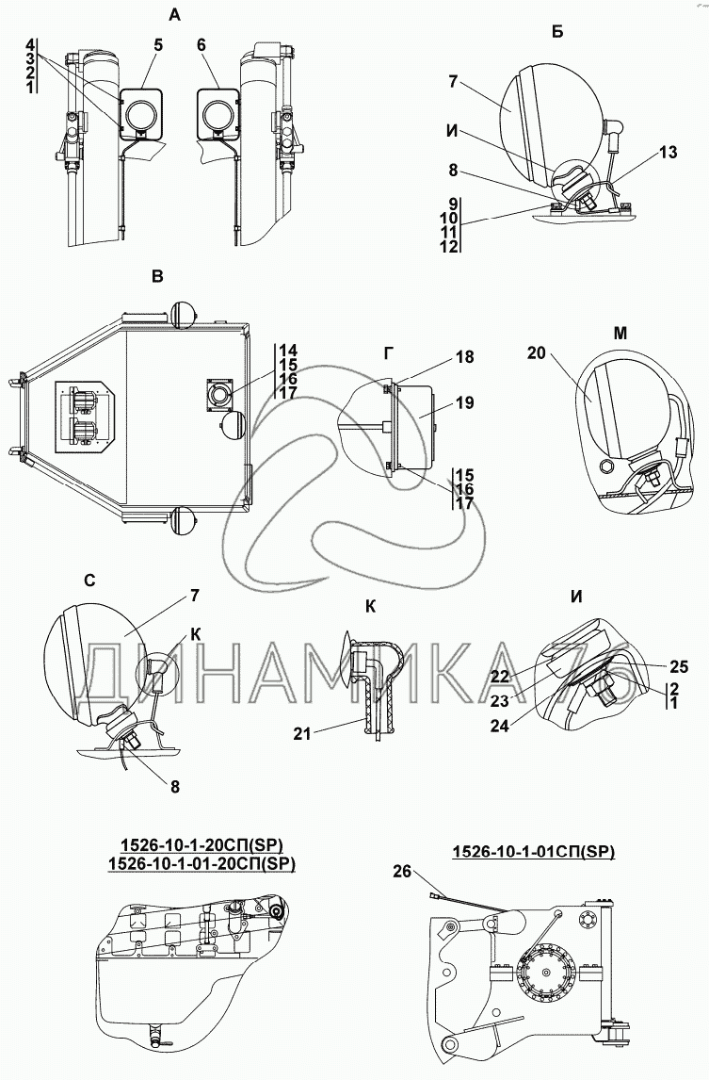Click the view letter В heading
click(x=158, y=276)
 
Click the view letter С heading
click(x=89, y=581)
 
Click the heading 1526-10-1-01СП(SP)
click(x=532, y=851)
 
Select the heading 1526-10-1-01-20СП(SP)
click(x=200, y=861)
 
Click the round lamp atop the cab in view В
click(x=182, y=314)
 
